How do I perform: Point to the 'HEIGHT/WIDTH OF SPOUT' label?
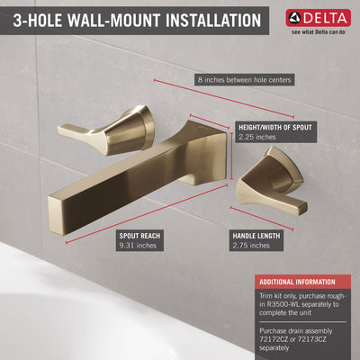pos(276,128)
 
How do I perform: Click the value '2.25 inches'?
pos(257,139)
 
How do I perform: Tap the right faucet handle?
pos(270,179)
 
